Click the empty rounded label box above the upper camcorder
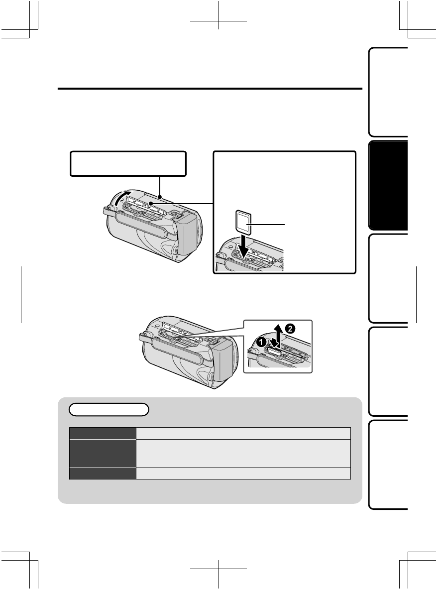[x=128, y=164]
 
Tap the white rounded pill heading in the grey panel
[x=109, y=410]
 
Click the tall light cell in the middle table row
[x=244, y=453]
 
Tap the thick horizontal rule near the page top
[x=210, y=90]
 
